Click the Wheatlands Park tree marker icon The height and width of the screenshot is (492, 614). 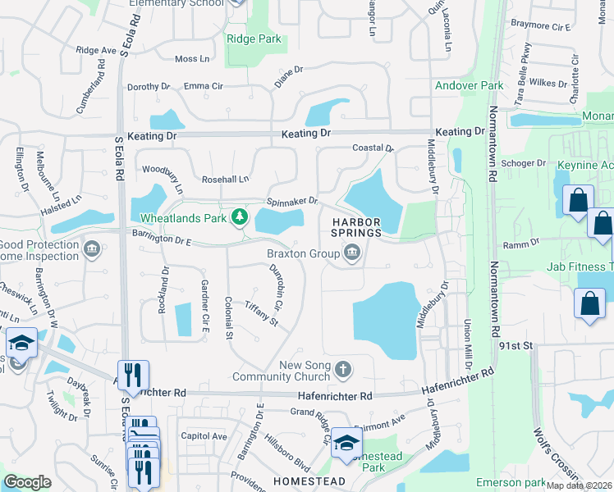[x=239, y=217]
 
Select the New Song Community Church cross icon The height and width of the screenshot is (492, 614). [x=343, y=369]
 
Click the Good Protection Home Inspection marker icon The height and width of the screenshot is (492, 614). [x=92, y=248]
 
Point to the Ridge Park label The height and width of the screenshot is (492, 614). [x=254, y=39]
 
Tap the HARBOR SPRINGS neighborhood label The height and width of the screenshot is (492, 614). [x=357, y=227]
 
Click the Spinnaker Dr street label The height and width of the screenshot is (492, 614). [x=291, y=202]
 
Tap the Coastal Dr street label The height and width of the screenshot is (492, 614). [x=373, y=148]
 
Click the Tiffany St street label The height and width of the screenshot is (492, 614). [x=262, y=313]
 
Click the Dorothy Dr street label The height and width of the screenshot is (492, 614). [x=148, y=86]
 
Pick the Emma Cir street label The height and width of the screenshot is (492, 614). [x=204, y=86]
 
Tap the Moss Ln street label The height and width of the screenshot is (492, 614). [x=193, y=59]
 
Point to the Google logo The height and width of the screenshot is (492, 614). [x=28, y=483]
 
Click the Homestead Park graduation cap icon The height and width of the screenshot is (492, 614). [x=346, y=444]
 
